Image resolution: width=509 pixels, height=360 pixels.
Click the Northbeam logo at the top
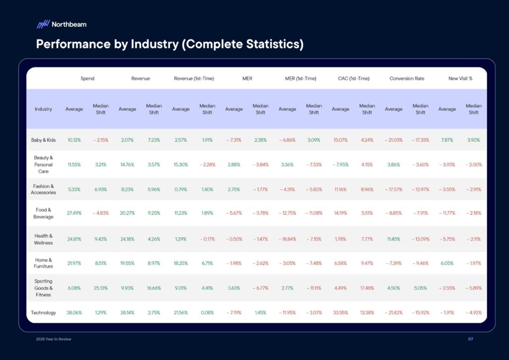tap(61, 24)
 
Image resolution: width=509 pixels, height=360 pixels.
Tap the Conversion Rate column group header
tap(407, 79)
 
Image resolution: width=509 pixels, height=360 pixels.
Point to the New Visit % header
tap(460, 79)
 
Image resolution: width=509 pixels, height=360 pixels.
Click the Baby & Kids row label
tap(43, 140)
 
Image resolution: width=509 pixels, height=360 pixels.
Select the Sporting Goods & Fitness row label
tap(43, 288)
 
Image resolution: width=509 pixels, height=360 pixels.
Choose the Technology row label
tap(43, 313)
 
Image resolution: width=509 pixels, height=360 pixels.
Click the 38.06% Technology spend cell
tap(74, 313)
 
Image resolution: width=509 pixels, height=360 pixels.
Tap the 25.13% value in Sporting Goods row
tap(101, 288)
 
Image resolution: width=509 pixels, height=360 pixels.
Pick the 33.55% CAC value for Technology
tap(340, 313)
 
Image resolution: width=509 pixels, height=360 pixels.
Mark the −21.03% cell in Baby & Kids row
tap(394, 140)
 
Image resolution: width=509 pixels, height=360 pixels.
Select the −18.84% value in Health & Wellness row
tap(287, 239)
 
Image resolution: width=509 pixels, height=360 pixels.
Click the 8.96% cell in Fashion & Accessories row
tap(367, 189)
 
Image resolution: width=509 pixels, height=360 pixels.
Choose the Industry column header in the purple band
tap(43, 109)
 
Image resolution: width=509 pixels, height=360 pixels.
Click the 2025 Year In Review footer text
tap(54, 339)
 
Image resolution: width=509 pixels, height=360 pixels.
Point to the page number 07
tap(470, 339)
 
